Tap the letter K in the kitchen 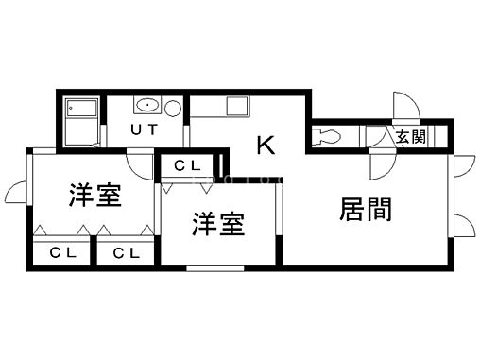click(x=266, y=145)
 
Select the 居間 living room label click(x=366, y=209)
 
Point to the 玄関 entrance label click(x=410, y=137)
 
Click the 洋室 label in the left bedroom click(x=94, y=197)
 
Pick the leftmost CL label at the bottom click(x=62, y=252)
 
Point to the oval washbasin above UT click(x=146, y=105)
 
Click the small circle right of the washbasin click(x=173, y=106)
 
